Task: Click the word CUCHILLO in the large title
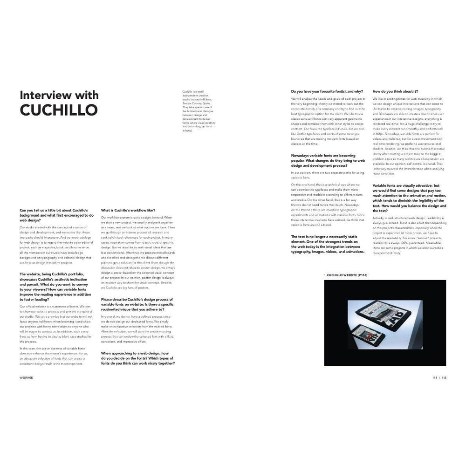coord(59,110)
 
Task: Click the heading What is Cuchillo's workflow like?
coord(128,210)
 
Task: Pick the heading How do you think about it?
coord(395,91)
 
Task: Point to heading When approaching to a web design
coord(139,357)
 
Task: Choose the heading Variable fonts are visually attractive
coord(409,195)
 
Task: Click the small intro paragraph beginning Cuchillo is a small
coord(197,111)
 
